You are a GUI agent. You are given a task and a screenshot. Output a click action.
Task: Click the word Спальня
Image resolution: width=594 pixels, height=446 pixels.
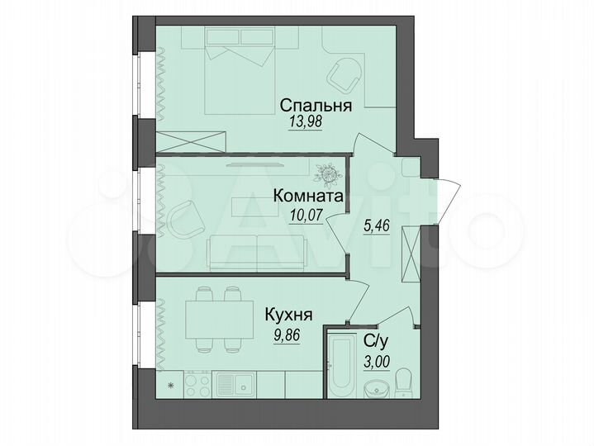pyautogui.click(x=316, y=105)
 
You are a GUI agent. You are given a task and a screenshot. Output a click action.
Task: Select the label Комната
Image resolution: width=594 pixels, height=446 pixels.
pyautogui.click(x=308, y=198)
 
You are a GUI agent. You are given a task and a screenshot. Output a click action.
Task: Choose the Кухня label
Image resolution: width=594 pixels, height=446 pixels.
pyautogui.click(x=288, y=315)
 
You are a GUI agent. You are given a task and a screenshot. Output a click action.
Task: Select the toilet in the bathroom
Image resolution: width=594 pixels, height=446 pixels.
pyautogui.click(x=404, y=382)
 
